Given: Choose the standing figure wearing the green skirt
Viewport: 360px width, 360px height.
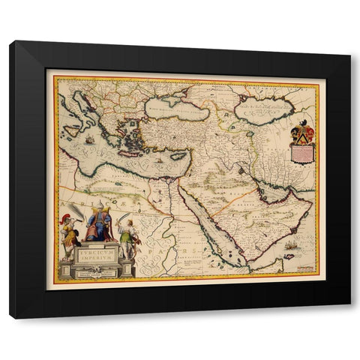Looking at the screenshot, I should [127, 238].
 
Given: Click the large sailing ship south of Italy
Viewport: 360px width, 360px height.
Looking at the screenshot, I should [90, 140].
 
